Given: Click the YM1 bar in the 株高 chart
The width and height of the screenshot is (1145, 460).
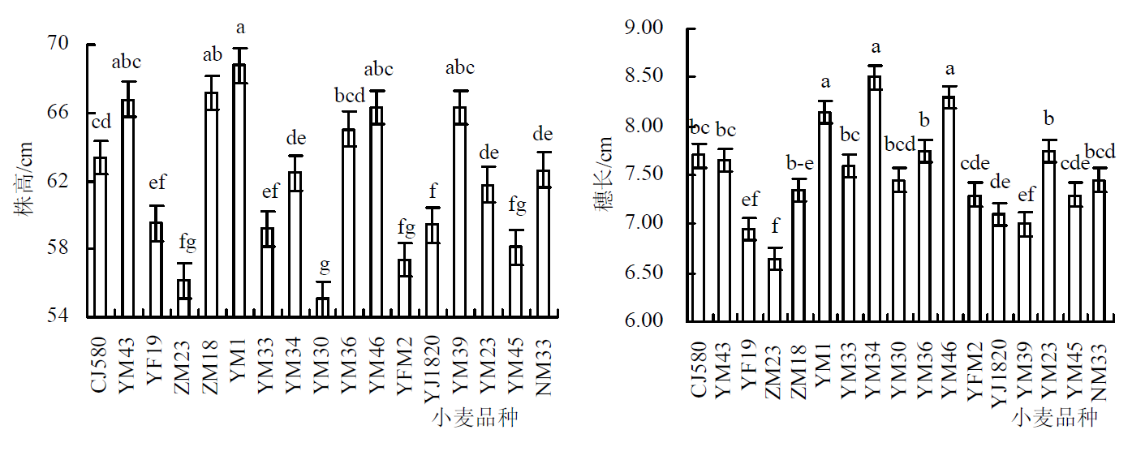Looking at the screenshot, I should (239, 190).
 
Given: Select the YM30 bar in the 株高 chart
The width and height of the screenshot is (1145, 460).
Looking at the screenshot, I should (322, 307).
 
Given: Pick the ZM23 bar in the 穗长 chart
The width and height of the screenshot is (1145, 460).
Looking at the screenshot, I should (775, 290).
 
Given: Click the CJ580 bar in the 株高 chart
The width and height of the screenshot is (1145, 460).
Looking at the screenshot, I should (101, 236).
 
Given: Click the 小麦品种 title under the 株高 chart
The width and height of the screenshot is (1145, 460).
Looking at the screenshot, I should (476, 418).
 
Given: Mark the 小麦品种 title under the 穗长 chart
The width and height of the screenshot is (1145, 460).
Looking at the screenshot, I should (1054, 418).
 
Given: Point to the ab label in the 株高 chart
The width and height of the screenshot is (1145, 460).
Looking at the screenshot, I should (212, 56).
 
